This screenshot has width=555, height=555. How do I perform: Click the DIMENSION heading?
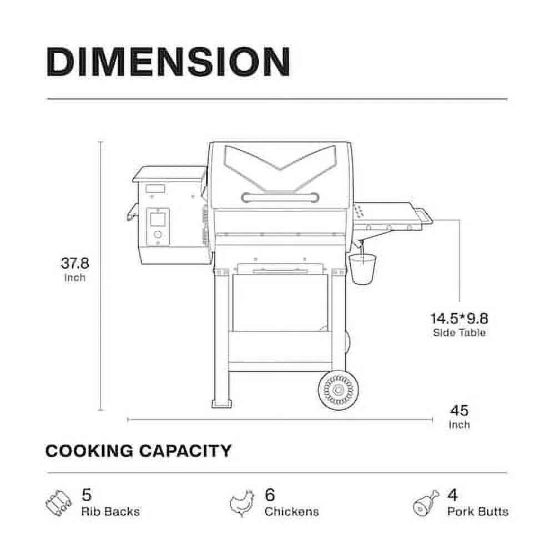(x=168, y=62)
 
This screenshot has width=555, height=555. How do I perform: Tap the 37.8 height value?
(x=75, y=263)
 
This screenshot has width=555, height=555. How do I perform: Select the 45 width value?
(x=459, y=411)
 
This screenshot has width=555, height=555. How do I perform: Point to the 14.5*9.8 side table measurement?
(x=459, y=319)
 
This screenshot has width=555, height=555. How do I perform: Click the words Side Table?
(x=459, y=332)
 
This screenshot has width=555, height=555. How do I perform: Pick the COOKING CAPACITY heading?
(x=138, y=451)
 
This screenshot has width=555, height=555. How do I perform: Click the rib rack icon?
(x=58, y=503)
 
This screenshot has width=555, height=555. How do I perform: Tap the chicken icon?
(x=242, y=503)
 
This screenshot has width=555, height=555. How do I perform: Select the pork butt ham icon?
(x=426, y=503)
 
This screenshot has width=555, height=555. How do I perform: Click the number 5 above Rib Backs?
(x=87, y=495)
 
